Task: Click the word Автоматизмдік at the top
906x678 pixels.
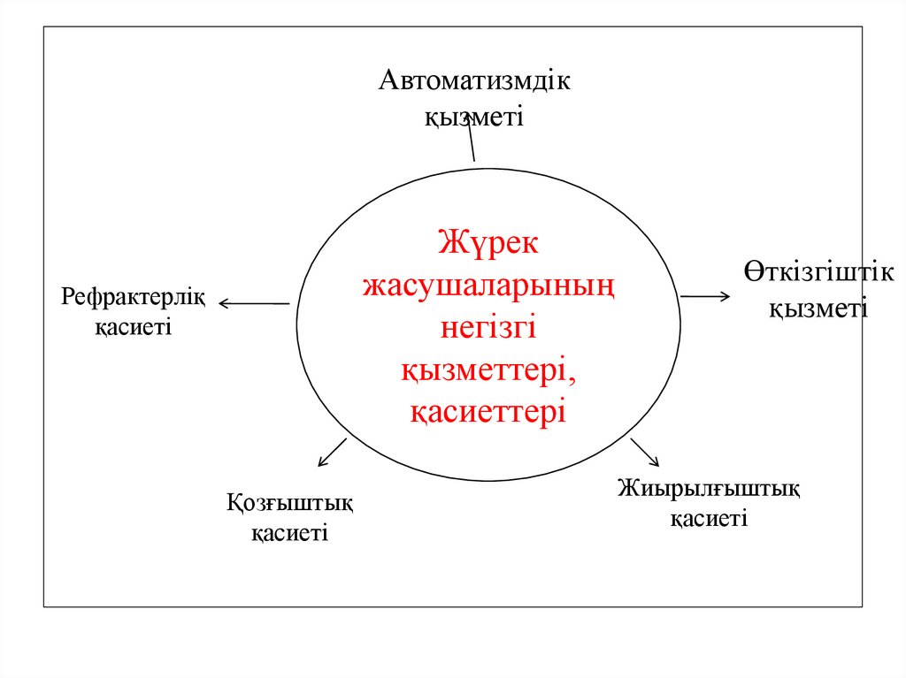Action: click(475, 82)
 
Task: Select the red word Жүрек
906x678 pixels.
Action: click(488, 241)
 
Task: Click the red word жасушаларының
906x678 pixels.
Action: click(488, 285)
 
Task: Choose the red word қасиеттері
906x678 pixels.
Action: click(488, 412)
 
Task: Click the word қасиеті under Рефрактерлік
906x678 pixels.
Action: click(134, 328)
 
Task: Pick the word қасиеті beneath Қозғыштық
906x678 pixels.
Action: click(289, 534)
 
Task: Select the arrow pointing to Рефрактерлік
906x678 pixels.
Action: click(254, 304)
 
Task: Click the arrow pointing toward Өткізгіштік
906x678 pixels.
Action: click(705, 296)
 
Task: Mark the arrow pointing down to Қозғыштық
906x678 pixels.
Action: click(332, 452)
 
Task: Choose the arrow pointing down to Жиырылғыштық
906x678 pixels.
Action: click(644, 452)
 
